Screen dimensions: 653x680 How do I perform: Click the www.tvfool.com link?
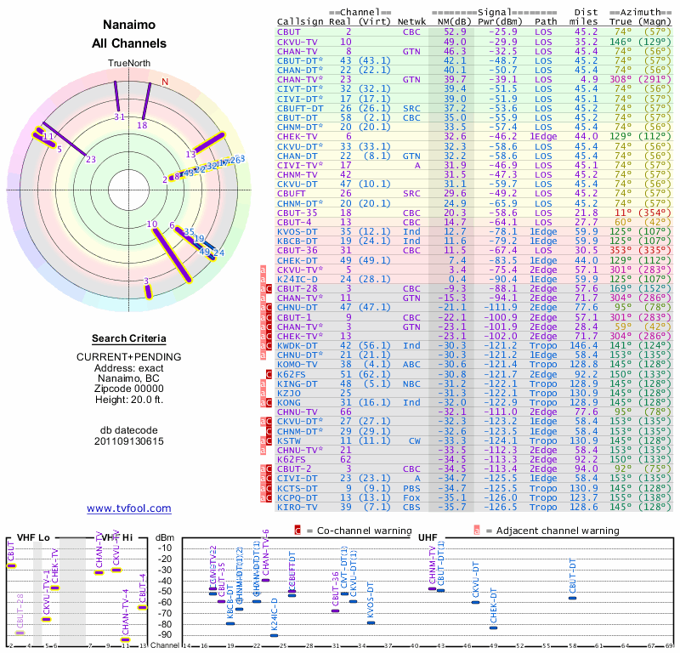click(129, 508)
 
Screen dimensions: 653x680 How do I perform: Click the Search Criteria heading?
click(129, 338)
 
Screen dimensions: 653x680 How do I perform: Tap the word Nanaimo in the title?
click(129, 26)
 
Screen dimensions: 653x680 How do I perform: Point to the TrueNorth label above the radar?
click(129, 64)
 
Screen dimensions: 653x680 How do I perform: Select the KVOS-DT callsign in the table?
click(298, 230)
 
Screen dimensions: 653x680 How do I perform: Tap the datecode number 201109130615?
click(129, 441)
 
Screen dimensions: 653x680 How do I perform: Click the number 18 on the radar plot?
click(142, 125)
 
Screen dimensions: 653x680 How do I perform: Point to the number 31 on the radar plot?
click(120, 117)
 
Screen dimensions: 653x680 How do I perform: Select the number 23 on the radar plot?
click(91, 158)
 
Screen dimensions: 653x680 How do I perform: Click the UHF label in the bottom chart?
click(428, 537)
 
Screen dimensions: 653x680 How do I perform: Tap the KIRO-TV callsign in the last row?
click(298, 507)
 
